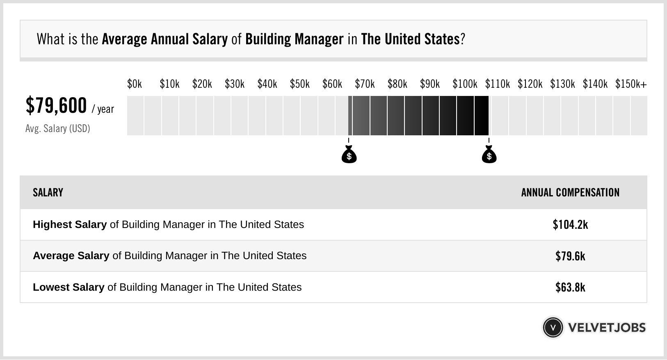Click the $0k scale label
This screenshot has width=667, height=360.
(135, 84)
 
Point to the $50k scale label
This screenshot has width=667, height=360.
(299, 84)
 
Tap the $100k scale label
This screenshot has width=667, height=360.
(465, 84)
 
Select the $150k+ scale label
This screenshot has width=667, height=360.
(631, 84)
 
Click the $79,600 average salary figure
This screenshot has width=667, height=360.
(56, 105)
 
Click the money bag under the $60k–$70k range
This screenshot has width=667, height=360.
(349, 155)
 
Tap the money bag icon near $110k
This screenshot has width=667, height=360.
(489, 155)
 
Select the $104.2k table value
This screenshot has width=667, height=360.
(570, 225)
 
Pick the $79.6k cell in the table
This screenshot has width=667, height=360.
(570, 256)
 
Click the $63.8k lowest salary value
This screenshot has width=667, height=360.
(570, 287)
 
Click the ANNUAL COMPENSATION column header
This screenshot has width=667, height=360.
(570, 193)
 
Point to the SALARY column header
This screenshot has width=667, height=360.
(48, 193)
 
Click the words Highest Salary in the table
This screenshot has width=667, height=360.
(70, 225)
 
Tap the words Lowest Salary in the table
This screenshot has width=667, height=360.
(69, 287)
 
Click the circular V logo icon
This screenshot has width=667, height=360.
(553, 328)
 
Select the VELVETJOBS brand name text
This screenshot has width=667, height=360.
(607, 328)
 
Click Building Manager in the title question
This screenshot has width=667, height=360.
(294, 39)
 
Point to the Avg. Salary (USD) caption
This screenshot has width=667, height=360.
(58, 129)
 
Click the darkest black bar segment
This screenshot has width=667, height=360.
(482, 116)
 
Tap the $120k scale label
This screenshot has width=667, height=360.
(530, 84)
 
